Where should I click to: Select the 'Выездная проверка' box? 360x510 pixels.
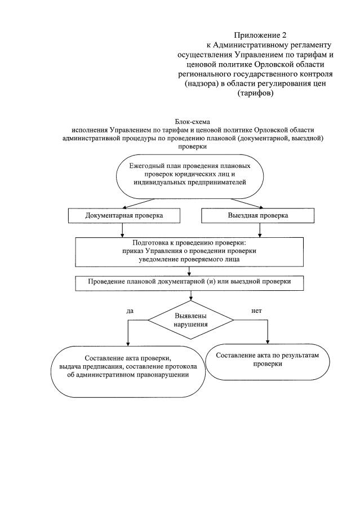coord(257,216)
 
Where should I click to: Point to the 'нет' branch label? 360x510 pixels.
coord(256,311)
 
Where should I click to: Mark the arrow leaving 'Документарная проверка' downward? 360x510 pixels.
coord(122,229)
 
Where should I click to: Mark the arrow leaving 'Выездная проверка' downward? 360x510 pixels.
coord(259,229)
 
